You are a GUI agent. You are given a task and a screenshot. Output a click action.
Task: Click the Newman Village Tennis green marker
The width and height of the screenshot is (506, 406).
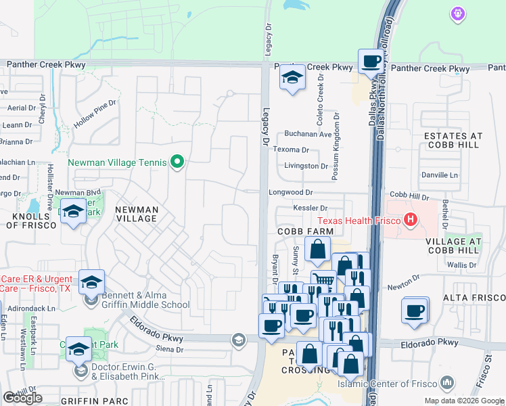177,162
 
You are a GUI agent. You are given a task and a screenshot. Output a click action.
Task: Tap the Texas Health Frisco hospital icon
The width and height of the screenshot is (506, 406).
409,220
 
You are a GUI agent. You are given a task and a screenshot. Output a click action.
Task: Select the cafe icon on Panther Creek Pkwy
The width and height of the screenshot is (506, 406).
370,62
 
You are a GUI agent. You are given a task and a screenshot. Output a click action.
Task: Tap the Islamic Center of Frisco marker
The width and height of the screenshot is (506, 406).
446,384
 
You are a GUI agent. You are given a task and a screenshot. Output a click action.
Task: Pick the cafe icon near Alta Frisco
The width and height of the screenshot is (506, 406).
415,311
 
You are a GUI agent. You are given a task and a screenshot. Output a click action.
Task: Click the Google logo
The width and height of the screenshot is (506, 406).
22,397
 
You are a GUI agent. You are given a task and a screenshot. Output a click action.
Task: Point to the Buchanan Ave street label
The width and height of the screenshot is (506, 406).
308,134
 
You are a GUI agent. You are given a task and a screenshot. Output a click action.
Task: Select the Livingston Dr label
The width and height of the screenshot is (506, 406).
305,165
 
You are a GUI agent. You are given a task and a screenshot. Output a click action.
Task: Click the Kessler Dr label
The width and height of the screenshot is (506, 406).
310,208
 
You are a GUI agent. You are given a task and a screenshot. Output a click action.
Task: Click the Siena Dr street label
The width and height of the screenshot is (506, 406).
170,350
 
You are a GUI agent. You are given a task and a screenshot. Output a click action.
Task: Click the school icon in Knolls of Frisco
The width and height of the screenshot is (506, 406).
73,212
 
